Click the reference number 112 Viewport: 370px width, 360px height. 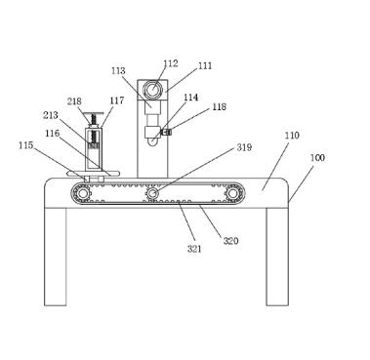click(x=171, y=63)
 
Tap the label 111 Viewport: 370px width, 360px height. click(x=205, y=66)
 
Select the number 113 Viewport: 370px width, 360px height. click(x=118, y=70)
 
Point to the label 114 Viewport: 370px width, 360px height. click(x=191, y=98)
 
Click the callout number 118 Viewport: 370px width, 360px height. click(x=220, y=106)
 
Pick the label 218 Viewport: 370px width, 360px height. click(x=74, y=101)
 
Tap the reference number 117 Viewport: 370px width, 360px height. click(x=117, y=100)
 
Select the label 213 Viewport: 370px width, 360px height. click(x=51, y=115)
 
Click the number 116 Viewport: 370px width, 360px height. click(x=53, y=133)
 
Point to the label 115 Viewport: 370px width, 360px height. click(x=26, y=145)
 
